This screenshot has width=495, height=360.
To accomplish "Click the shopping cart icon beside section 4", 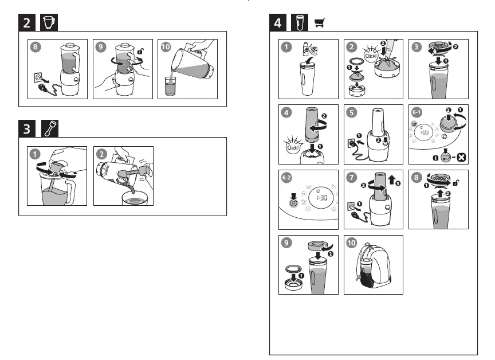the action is pyautogui.click(x=320, y=23).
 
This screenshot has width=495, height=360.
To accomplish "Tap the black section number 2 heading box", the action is pyautogui.click(x=27, y=23).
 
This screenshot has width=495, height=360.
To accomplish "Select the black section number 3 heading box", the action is pyautogui.click(x=27, y=129).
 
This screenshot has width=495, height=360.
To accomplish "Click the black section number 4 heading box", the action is pyautogui.click(x=278, y=23).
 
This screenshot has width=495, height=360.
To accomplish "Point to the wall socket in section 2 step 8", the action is pyautogui.click(x=38, y=77).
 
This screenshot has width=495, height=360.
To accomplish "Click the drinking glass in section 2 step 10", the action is pyautogui.click(x=170, y=86).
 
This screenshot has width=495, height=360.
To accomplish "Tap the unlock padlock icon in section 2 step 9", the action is pyautogui.click(x=141, y=51).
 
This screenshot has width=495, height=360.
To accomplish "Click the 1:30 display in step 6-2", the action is pyautogui.click(x=321, y=198).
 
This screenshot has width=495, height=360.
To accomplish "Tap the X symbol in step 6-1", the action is pyautogui.click(x=462, y=157).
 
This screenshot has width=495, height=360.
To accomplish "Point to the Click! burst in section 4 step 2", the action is pyautogui.click(x=371, y=54).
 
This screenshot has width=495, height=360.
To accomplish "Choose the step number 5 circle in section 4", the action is pyautogui.click(x=351, y=113).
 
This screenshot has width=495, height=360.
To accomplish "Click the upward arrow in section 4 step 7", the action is pyautogui.click(x=392, y=179).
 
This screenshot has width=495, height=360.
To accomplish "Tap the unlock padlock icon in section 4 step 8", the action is pyautogui.click(x=455, y=183).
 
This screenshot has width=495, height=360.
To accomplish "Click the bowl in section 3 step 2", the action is pyautogui.click(x=135, y=198).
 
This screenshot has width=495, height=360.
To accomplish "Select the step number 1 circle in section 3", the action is pyautogui.click(x=35, y=154).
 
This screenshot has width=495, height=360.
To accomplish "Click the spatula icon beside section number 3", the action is pyautogui.click(x=50, y=129).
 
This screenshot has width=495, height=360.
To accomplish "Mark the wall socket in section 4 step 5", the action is pyautogui.click(x=351, y=143).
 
